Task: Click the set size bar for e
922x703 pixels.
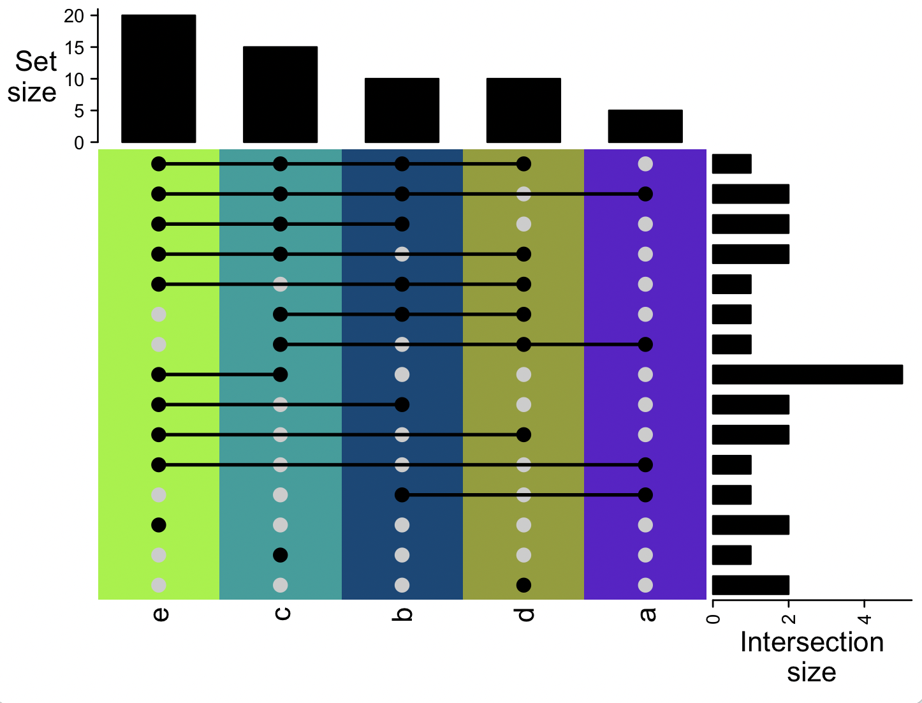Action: point(158,78)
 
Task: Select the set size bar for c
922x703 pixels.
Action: point(280,94)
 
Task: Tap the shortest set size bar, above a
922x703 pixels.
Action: point(645,126)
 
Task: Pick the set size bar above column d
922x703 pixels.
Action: point(523,110)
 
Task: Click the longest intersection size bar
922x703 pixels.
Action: point(807,374)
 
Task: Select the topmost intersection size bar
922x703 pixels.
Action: point(731,164)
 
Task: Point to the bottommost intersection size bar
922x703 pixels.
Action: point(750,585)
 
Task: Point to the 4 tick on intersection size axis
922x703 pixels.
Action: point(864,618)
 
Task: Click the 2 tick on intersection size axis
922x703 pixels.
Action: point(789,618)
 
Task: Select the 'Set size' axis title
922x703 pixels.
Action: point(34,77)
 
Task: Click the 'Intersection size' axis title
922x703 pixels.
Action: point(811,656)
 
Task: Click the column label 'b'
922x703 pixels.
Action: point(403,614)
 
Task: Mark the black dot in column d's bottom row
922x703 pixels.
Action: point(523,585)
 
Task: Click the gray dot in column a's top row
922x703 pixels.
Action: point(645,164)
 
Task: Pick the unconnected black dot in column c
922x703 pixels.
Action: point(280,555)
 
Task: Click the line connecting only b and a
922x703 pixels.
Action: point(523,495)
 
